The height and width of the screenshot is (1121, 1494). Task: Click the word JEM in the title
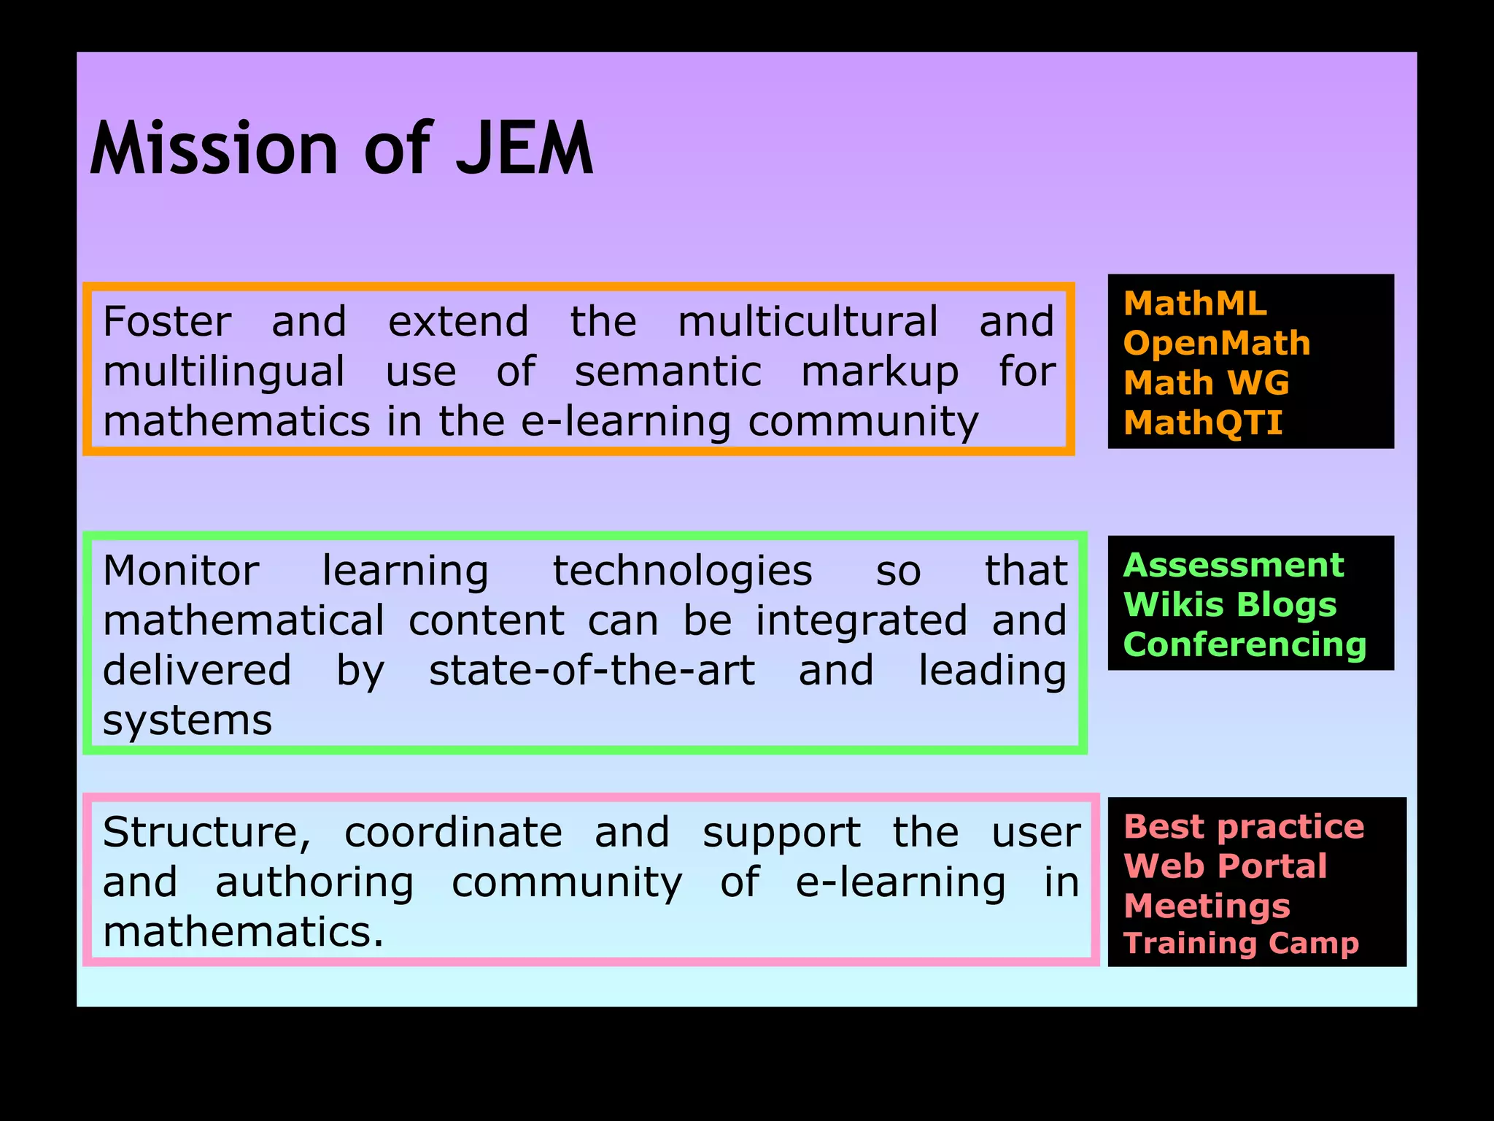click(x=524, y=149)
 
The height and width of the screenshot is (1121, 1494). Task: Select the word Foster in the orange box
click(x=167, y=322)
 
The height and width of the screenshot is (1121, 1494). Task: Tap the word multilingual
click(x=223, y=372)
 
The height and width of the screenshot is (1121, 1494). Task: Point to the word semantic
click(x=667, y=372)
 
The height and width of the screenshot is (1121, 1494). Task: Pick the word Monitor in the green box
click(x=181, y=571)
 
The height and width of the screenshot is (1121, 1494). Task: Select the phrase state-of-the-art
click(x=592, y=671)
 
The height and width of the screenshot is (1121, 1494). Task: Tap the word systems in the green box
click(x=187, y=721)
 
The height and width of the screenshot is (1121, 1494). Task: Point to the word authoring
click(x=314, y=883)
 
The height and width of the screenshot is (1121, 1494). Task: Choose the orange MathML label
click(x=1195, y=304)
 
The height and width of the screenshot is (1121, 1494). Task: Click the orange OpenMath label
click(x=1217, y=343)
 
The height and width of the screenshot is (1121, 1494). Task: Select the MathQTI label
click(x=1203, y=423)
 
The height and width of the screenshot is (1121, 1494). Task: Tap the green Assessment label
click(x=1234, y=565)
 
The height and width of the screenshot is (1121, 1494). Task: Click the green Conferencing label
click(x=1245, y=644)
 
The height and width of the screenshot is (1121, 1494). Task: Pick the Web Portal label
click(x=1226, y=866)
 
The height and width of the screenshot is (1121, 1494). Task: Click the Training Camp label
click(x=1241, y=943)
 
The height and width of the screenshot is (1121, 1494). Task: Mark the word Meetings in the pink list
click(x=1207, y=906)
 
